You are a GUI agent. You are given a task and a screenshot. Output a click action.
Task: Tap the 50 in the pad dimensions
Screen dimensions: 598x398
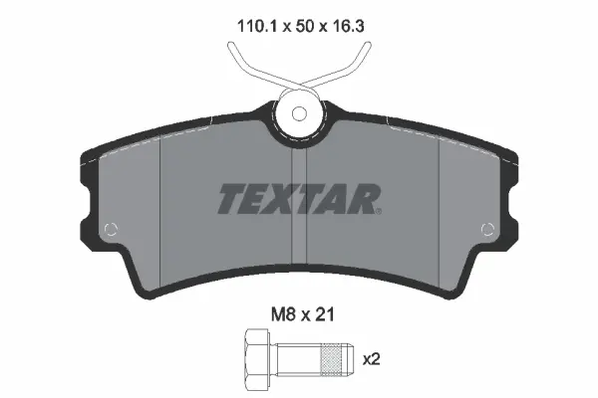pos(304,26)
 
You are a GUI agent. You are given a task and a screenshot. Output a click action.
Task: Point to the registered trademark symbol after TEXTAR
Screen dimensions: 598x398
pos(378,211)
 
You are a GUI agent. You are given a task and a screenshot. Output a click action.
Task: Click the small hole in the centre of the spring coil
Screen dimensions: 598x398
pos(299,113)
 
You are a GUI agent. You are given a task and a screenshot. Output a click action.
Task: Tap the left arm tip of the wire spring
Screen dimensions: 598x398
pos(231,45)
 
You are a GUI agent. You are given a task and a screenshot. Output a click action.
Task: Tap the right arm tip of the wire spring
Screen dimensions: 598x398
pos(367,45)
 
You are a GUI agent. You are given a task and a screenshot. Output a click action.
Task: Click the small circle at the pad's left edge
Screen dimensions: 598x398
pos(111,229)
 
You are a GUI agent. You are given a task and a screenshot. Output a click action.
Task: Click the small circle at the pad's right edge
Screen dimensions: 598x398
pos(487,229)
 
